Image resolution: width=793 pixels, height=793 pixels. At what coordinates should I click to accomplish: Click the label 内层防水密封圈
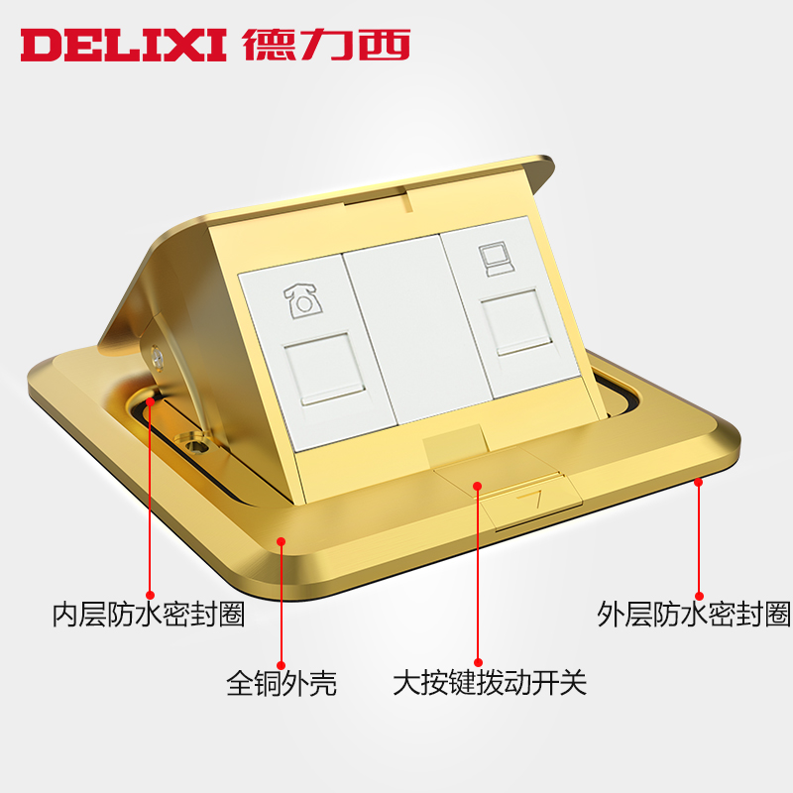(149, 615)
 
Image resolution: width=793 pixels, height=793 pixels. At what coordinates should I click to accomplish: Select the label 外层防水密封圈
(694, 615)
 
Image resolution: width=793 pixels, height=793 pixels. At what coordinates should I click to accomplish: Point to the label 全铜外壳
(282, 683)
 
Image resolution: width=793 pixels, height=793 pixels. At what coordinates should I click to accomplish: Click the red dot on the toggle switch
(477, 486)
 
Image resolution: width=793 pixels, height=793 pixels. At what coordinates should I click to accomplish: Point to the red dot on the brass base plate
(282, 541)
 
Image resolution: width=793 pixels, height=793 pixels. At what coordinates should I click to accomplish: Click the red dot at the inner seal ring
(150, 402)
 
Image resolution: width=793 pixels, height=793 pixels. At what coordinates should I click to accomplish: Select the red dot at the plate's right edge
(699, 482)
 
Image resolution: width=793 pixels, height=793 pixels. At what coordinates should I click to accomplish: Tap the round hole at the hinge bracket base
(188, 440)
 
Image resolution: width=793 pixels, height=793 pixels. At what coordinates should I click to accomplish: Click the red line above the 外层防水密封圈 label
(699, 535)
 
